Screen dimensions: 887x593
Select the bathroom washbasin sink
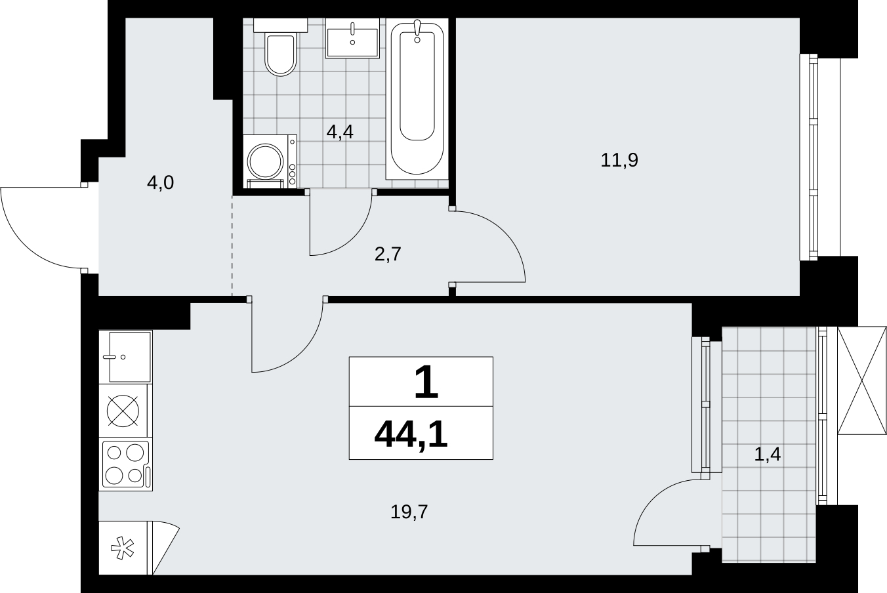[x=352, y=39]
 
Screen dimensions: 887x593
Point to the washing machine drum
[x=265, y=161]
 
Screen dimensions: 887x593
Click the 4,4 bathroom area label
[x=340, y=132]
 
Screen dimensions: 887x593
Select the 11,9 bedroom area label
[x=619, y=160]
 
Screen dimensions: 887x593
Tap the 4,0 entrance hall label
[x=160, y=183]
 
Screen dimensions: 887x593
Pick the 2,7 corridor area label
[x=388, y=254]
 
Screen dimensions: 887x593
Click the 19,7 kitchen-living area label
[x=409, y=512]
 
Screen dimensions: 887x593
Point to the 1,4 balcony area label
[x=768, y=454]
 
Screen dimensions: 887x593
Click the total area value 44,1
[x=411, y=436]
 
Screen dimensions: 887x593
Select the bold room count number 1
[x=426, y=382]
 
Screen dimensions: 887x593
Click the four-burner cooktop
[x=125, y=464]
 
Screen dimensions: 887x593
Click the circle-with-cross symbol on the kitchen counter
[x=123, y=411]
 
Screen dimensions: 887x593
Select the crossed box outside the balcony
[x=861, y=380]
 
